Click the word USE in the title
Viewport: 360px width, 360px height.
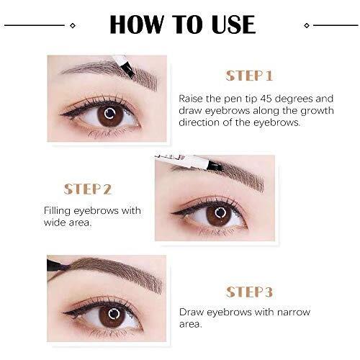click(233, 24)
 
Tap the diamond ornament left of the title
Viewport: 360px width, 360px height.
click(73, 25)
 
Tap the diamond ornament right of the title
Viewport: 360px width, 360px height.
click(307, 25)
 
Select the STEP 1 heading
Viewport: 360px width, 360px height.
click(249, 76)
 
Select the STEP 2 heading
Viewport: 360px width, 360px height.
click(88, 189)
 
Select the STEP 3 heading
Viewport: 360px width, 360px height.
click(249, 292)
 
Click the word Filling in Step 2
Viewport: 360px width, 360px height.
click(58, 211)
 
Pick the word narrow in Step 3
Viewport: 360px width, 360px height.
click(294, 312)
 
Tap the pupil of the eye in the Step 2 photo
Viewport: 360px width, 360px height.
click(220, 212)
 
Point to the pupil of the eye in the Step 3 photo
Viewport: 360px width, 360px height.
click(113, 314)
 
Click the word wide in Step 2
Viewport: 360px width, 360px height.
click(55, 222)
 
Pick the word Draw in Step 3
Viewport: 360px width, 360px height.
click(192, 312)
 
